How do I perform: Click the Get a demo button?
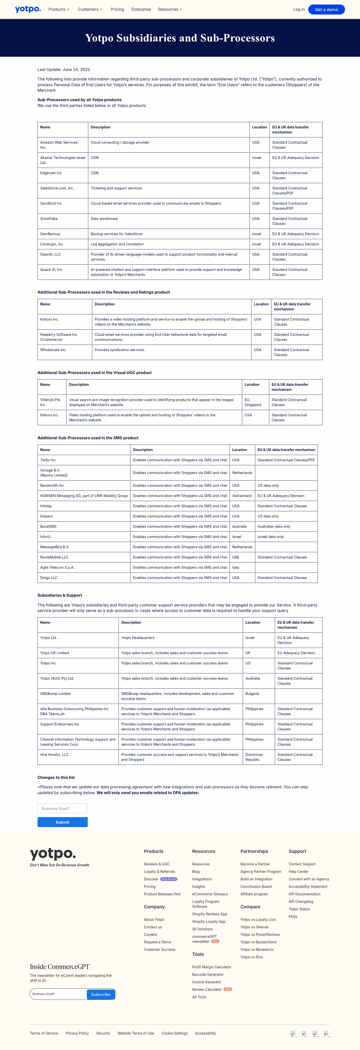(x=326, y=9)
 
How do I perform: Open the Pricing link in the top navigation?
(x=117, y=9)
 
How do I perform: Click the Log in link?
(x=298, y=9)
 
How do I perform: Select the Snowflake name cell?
(x=49, y=219)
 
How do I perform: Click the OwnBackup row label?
(x=50, y=234)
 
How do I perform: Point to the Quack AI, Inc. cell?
(x=52, y=270)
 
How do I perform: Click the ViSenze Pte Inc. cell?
(x=50, y=402)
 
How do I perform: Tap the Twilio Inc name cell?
(x=48, y=460)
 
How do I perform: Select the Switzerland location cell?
(x=242, y=496)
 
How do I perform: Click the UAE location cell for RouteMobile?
(x=236, y=557)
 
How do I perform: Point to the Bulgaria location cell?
(x=252, y=694)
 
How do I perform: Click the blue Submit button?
(x=62, y=822)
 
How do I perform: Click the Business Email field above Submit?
(x=62, y=808)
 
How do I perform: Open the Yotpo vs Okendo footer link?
(x=254, y=927)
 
